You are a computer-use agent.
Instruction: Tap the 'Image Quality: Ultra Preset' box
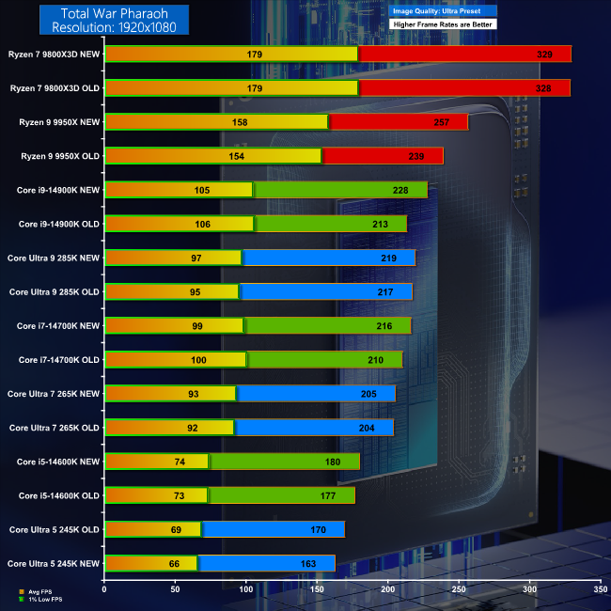pos(441,10)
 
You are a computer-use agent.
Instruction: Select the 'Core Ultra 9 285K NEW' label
pos(53,258)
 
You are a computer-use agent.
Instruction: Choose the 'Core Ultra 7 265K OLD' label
pos(54,428)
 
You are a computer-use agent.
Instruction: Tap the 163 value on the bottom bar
pos(321,563)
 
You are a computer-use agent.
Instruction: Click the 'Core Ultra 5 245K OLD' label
pos(54,529)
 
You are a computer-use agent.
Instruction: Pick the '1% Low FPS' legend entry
pos(43,598)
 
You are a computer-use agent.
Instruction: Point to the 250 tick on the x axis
pos(460,589)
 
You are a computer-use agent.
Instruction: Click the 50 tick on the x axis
pos(176,589)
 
